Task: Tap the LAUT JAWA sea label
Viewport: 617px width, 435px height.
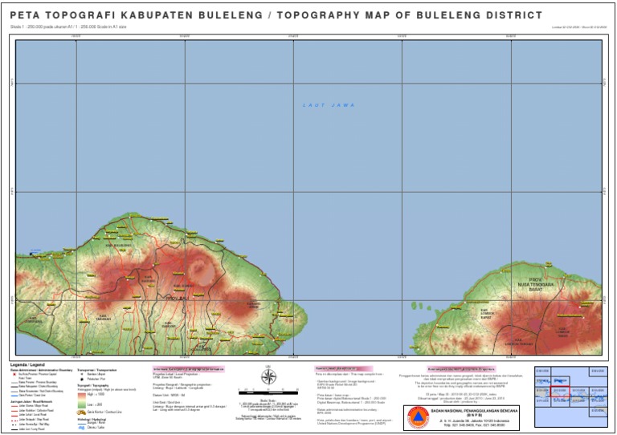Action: (329, 105)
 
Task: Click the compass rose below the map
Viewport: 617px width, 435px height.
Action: (269, 377)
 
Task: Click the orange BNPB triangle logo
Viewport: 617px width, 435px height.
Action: (418, 417)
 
